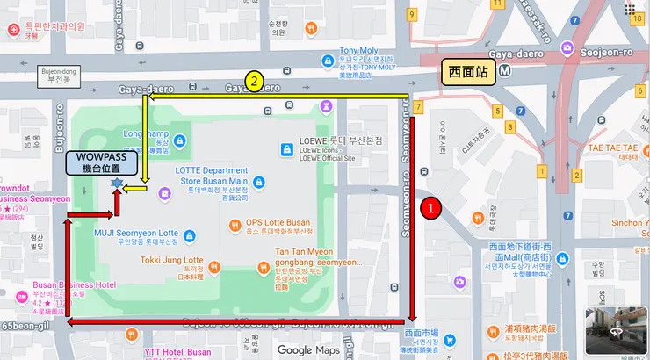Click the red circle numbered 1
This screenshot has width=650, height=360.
coord(430,208)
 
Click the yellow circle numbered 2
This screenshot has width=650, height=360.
coord(254,82)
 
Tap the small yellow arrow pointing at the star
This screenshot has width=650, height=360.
coord(135,188)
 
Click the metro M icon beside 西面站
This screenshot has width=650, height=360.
coord(504,71)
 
